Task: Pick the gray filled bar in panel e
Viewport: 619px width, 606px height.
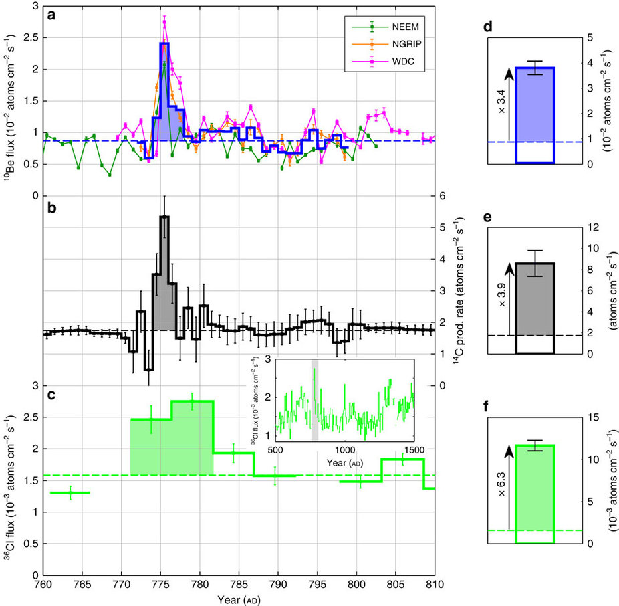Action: [x=535, y=298]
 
